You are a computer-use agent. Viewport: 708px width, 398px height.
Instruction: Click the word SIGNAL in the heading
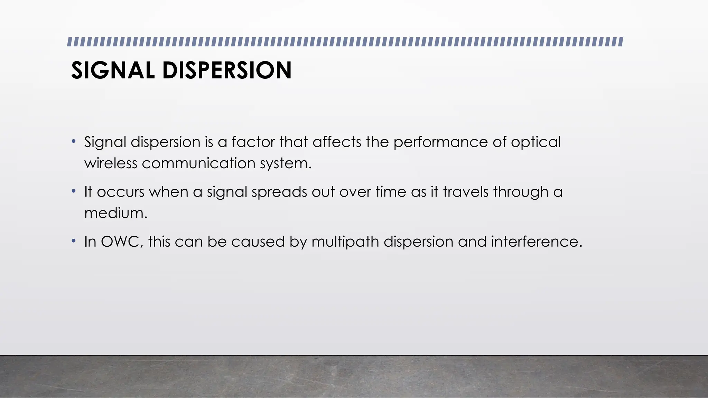pos(113,70)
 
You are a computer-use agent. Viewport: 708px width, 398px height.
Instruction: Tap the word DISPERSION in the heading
pos(227,70)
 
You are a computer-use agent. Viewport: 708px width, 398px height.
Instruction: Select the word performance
pos(440,142)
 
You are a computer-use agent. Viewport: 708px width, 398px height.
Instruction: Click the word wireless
pos(111,163)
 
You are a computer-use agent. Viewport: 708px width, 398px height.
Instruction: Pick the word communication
pos(198,163)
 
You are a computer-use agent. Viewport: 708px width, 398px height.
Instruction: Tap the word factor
pos(253,142)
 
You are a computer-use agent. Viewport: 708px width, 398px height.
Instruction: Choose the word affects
pos(337,142)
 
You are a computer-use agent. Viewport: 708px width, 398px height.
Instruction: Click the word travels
pos(465,192)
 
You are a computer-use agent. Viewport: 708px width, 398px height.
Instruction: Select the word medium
pos(115,213)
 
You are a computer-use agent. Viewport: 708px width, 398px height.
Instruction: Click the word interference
pos(537,242)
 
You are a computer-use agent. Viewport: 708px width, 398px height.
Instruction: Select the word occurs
pos(120,192)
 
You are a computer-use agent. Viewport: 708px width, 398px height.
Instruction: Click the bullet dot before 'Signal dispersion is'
pos(73,141)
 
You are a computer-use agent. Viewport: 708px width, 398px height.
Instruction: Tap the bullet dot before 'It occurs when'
pos(73,191)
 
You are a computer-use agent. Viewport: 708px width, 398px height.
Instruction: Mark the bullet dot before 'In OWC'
pos(73,241)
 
